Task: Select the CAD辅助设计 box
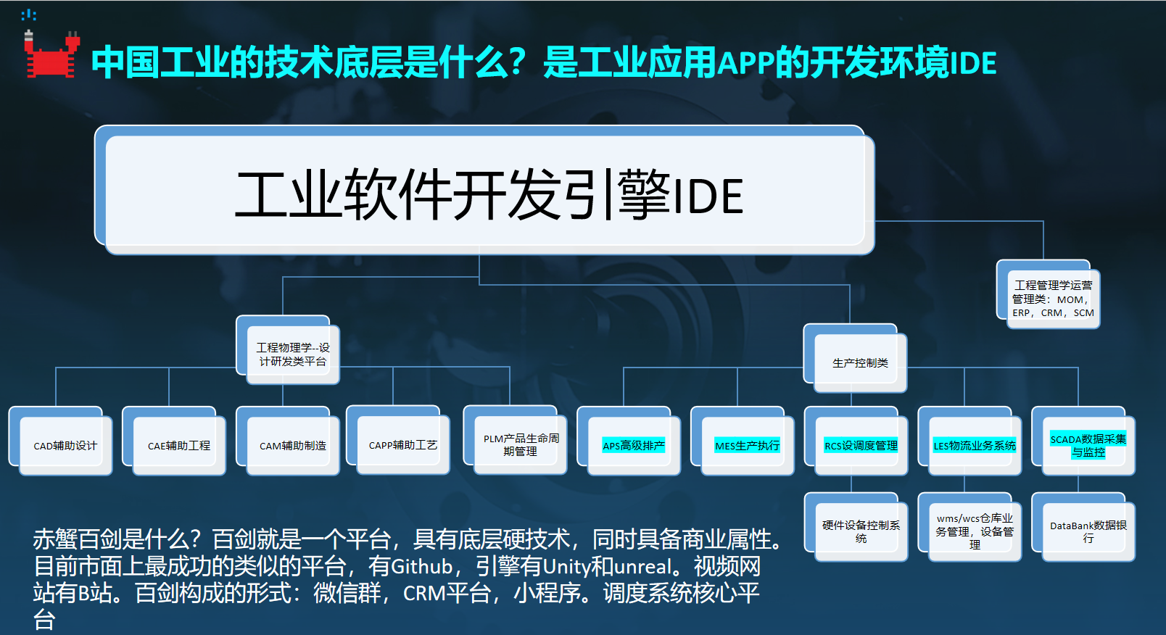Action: click(65, 445)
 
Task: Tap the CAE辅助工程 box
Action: click(178, 445)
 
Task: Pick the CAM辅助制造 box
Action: click(292, 445)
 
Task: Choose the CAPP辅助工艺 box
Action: click(402, 444)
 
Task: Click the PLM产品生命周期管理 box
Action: click(521, 444)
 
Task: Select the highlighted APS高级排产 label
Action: click(633, 445)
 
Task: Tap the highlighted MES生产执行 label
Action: click(747, 445)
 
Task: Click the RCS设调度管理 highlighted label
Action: click(861, 445)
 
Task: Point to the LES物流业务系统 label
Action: click(975, 445)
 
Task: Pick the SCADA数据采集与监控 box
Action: click(1088, 445)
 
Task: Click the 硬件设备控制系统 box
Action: click(861, 531)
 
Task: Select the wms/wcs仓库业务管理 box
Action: click(975, 531)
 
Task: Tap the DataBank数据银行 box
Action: click(1088, 531)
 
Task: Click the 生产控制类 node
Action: click(860, 362)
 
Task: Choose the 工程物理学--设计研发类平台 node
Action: click(292, 354)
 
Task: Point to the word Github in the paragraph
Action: click(422, 566)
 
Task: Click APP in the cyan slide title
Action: click(746, 63)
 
